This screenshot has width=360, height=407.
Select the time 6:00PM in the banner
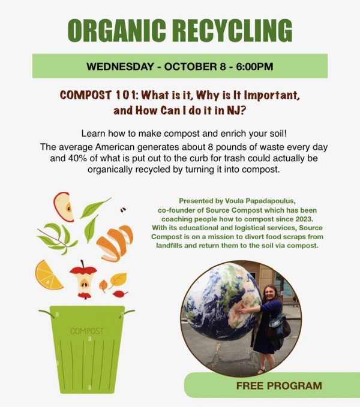click(254, 67)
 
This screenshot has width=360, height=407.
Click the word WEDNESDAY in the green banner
click(120, 67)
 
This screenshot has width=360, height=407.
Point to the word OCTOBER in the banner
click(191, 67)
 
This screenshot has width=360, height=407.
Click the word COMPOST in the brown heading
click(86, 95)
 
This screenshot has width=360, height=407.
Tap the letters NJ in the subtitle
click(233, 110)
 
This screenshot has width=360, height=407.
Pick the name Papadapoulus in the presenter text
click(270, 201)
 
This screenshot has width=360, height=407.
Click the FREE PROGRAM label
click(279, 385)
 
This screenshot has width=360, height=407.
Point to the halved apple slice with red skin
click(64, 207)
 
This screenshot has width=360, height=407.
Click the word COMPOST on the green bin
click(87, 331)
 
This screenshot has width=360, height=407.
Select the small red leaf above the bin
click(120, 294)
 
